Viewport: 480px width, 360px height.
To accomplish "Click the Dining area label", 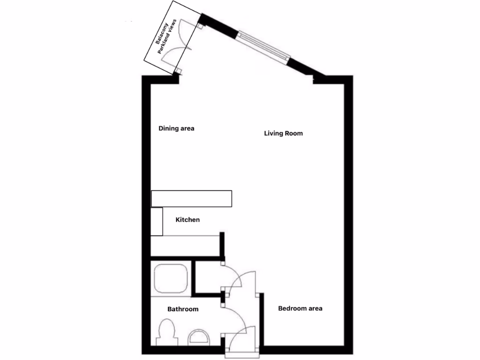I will [x=176, y=128].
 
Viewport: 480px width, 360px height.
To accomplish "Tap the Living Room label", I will [x=283, y=134].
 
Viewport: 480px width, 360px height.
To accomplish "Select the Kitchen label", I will [x=187, y=220].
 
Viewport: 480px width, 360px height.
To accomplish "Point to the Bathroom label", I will [x=183, y=309].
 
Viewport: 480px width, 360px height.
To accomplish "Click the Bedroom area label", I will [x=300, y=308].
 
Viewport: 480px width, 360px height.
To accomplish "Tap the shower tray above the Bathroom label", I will [x=171, y=278].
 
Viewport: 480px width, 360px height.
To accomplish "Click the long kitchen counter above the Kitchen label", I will [x=191, y=199].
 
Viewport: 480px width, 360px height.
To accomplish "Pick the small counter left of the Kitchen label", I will [x=157, y=222].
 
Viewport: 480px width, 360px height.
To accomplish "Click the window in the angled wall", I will [x=262, y=44].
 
